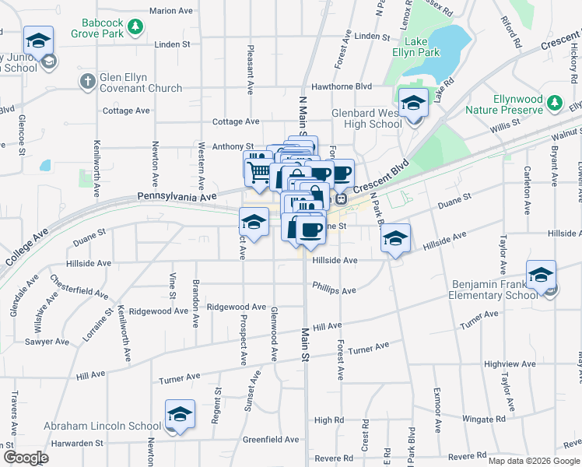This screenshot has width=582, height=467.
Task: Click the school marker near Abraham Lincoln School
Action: click(180, 414)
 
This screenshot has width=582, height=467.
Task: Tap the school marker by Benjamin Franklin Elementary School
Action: click(541, 275)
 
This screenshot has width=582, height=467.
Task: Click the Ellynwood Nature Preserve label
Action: click(517, 105)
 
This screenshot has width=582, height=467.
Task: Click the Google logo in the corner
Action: click(26, 458)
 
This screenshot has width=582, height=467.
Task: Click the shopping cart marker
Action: click(258, 171)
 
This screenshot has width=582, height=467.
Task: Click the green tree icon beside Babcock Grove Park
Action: click(136, 28)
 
